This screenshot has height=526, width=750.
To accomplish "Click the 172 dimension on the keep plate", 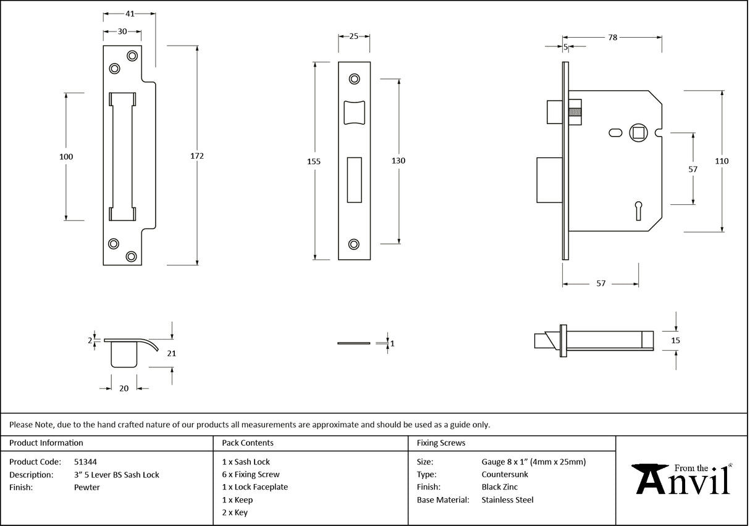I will [198, 156].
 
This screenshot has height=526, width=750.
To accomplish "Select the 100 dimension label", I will [66, 157].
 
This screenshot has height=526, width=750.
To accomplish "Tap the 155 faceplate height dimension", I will [314, 161].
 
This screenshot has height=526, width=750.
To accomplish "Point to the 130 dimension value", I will [398, 161].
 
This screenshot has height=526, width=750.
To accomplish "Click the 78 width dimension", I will [612, 38].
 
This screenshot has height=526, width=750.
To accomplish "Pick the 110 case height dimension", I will [722, 161].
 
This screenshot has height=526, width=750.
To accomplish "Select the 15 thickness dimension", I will [675, 340].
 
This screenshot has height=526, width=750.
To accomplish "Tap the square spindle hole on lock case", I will [637, 132].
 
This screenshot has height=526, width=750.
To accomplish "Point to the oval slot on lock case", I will [615, 132].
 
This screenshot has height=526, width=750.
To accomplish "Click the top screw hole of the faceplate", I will [354, 78].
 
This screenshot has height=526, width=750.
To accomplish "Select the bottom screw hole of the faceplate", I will [354, 244].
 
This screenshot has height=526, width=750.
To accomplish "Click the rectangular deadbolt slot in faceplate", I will [354, 180].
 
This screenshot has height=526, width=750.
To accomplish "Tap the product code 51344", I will [85, 462].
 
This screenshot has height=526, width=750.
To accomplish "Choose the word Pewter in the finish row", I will [86, 488].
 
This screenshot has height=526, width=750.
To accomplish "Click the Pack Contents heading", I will [248, 443].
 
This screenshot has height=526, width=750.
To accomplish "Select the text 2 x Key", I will [235, 513].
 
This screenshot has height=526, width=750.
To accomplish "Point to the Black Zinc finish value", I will [500, 488].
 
